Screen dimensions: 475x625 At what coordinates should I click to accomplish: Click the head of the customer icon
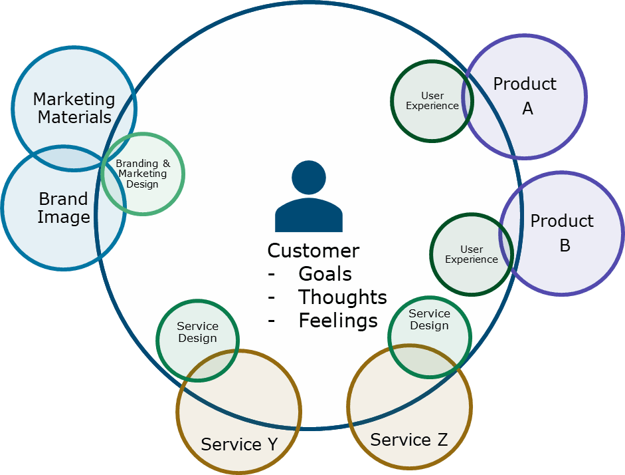tap(309, 178)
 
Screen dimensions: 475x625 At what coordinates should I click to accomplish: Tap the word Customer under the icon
tap(313, 251)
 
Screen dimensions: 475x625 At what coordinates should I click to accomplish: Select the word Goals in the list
tap(325, 274)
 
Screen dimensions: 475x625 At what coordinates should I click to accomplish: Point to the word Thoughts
tap(342, 297)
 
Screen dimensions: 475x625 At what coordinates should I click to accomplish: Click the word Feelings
tap(337, 321)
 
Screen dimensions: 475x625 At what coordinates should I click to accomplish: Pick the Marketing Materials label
tap(74, 108)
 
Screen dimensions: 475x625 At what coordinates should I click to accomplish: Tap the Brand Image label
tap(63, 208)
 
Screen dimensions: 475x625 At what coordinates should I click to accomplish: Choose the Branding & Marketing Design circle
tap(142, 174)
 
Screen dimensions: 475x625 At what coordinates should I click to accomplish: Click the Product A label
tap(525, 96)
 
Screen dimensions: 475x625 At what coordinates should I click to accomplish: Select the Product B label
tap(562, 233)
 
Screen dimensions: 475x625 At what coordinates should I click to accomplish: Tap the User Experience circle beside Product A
tap(432, 100)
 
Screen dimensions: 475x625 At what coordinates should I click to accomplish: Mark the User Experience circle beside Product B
tap(472, 254)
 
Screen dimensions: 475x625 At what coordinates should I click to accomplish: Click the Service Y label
tap(239, 444)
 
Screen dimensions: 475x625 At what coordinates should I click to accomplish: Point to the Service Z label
tap(408, 440)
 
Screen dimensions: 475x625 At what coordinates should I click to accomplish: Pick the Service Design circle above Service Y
tap(197, 332)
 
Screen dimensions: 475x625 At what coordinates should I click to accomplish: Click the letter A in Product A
tap(527, 108)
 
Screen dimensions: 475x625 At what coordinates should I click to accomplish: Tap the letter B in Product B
tap(565, 245)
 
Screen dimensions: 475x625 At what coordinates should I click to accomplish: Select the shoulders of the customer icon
tap(309, 216)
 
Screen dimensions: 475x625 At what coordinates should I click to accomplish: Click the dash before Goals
tap(271, 275)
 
